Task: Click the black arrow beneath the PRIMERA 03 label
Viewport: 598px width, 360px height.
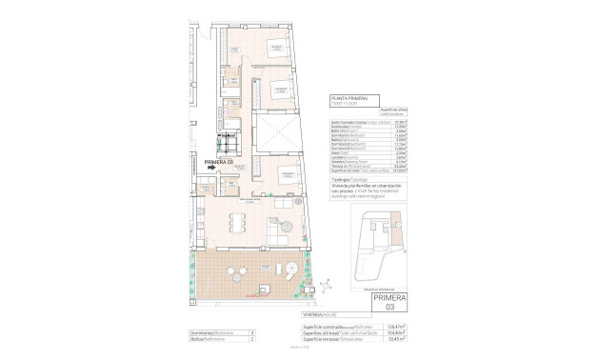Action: tap(198, 169)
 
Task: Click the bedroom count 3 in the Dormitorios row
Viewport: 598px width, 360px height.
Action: tap(250, 330)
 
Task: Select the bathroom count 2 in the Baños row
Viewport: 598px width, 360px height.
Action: tap(250, 337)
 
